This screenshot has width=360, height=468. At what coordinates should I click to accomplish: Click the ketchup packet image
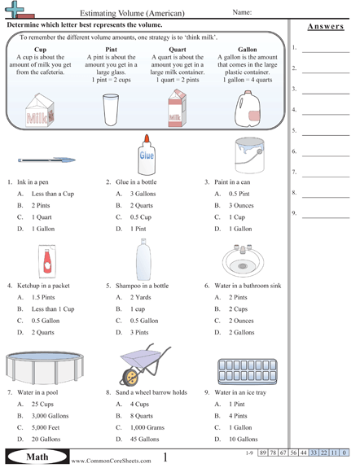pyautogui.click(x=47, y=260)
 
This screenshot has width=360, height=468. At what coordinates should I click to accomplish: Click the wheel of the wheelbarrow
pyautogui.click(x=130, y=377)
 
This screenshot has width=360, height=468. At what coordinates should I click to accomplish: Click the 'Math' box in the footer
pyautogui.click(x=38, y=457)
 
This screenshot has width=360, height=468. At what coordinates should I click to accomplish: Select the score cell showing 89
pyautogui.click(x=263, y=452)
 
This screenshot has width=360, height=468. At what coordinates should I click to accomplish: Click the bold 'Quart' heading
pyautogui.click(x=177, y=49)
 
